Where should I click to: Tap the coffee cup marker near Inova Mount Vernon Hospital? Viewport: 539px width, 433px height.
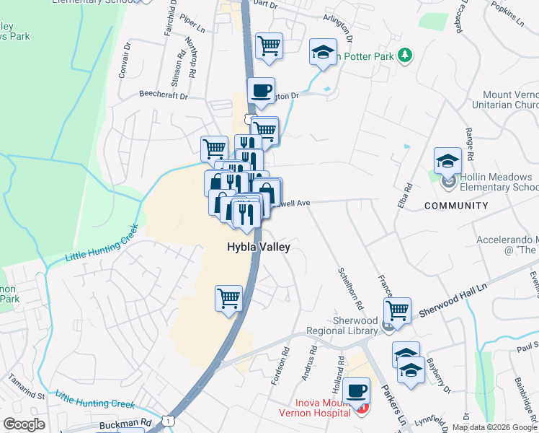coord(356,391)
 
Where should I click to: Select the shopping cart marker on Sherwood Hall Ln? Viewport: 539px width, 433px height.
coord(397,310)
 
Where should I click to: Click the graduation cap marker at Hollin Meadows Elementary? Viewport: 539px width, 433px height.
coord(447,160)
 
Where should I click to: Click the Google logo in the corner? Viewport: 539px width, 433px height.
coord(24,424)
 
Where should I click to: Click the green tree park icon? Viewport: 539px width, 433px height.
coord(406,55)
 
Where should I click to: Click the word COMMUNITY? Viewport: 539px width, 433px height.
coord(456,206)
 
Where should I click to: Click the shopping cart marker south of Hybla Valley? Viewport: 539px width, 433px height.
coord(228,297)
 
